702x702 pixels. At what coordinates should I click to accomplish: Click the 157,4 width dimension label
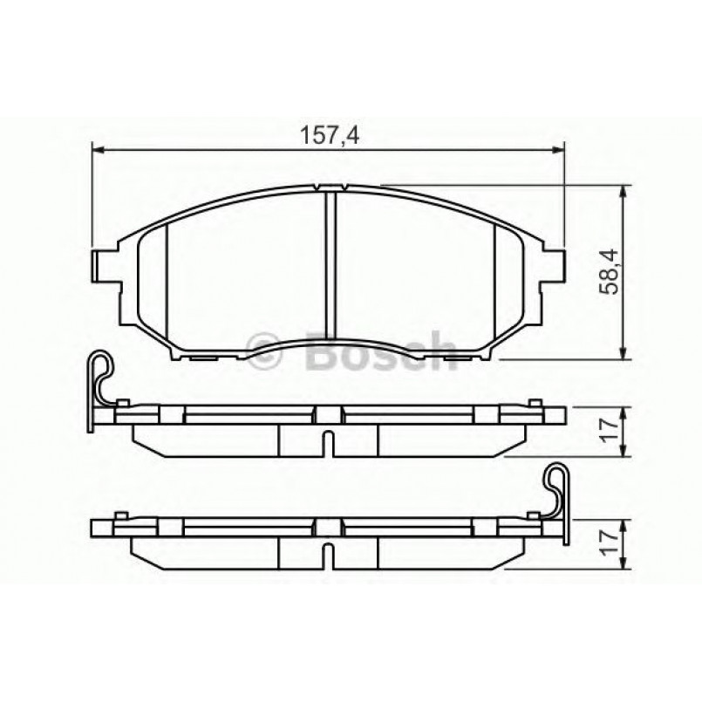point(331,136)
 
